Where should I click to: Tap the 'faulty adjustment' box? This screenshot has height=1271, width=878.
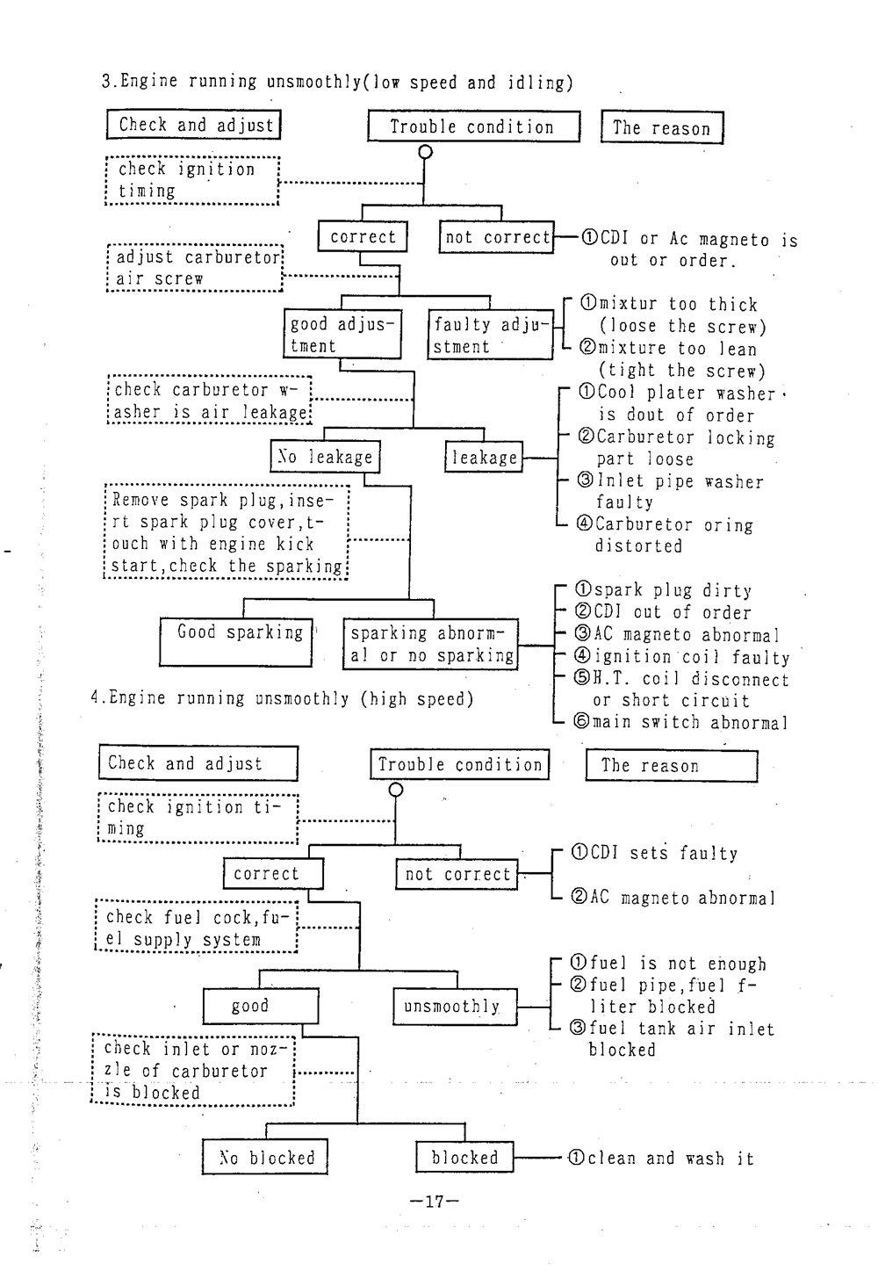coord(489,335)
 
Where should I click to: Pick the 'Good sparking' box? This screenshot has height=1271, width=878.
coord(236,641)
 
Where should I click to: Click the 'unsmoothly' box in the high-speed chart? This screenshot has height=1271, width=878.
coord(453,1006)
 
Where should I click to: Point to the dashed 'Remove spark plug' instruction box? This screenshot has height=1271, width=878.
coord(227,532)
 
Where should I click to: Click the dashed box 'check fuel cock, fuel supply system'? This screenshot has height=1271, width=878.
coord(196,928)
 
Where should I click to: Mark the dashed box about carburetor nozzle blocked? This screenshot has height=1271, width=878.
coord(193,1070)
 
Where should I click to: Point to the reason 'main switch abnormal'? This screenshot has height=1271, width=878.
coord(680,723)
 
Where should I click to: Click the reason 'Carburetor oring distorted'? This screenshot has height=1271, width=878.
coord(666,535)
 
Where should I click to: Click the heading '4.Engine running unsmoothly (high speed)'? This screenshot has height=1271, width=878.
coord(282,698)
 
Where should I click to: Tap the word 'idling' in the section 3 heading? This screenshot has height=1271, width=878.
coord(536,83)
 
